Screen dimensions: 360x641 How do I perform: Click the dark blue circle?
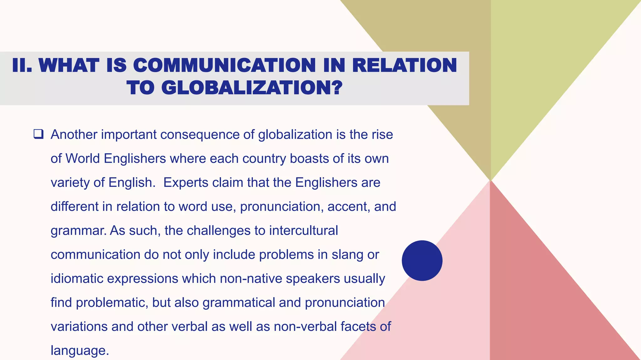(x=422, y=260)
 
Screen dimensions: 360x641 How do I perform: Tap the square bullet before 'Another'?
(x=38, y=134)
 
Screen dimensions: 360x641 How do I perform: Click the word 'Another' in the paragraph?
(x=74, y=134)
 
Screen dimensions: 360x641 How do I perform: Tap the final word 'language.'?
(x=80, y=351)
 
